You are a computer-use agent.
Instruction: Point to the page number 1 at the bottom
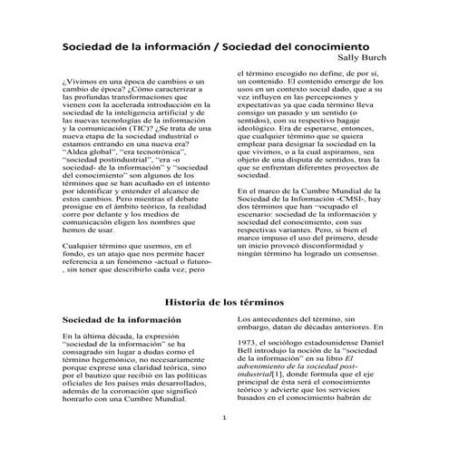[224, 417]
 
